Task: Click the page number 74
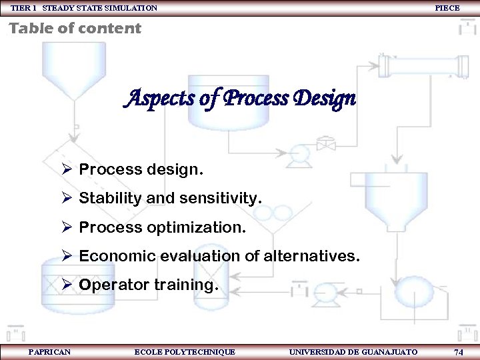458,352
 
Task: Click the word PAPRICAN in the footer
49,352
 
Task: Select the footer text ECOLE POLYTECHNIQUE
185,352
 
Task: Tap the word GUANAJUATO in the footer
389,352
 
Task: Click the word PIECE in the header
447,8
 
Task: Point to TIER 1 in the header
23,8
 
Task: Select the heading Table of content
75,28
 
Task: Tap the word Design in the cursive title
324,100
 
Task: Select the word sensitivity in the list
218,198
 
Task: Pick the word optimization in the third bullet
197,227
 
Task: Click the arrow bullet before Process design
67,169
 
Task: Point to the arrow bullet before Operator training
67,285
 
